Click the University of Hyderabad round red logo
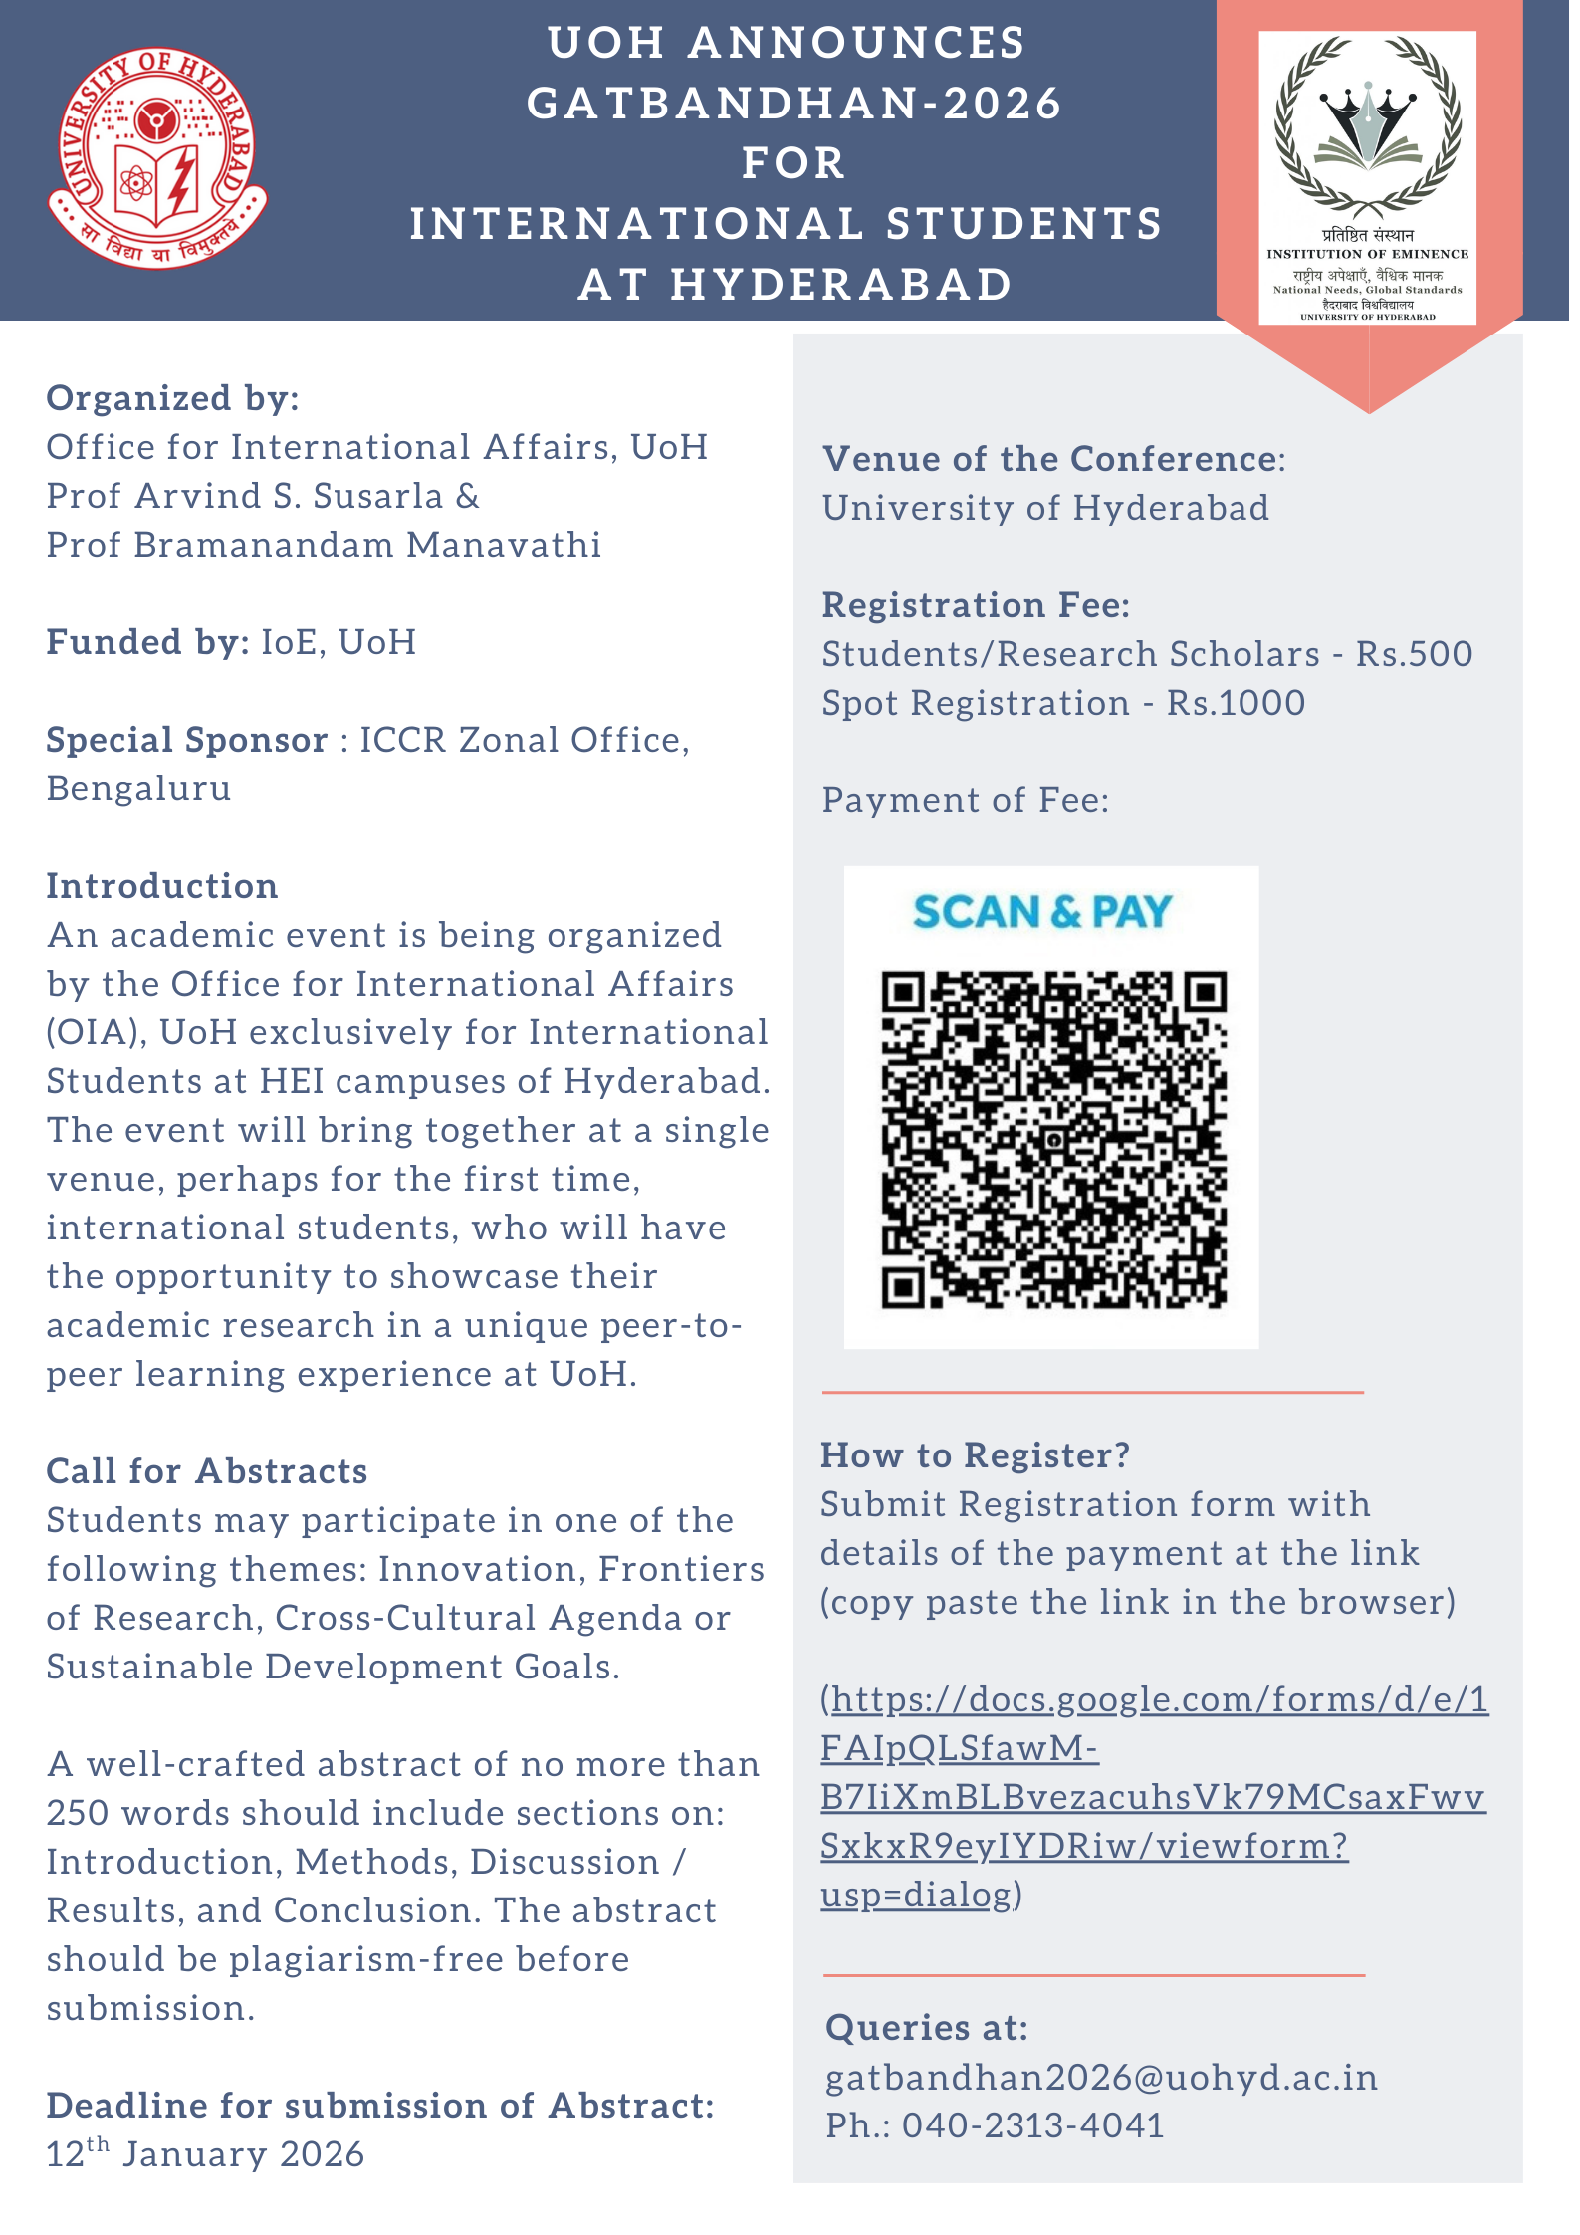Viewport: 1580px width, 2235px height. pos(157,158)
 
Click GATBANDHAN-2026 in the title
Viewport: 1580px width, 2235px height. pos(793,104)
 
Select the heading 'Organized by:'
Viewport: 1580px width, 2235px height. pos(173,398)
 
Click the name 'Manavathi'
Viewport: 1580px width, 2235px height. pos(504,545)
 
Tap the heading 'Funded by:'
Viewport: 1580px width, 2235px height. pos(147,642)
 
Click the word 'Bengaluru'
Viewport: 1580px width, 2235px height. pos(139,788)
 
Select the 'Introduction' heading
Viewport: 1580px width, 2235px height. pos(162,886)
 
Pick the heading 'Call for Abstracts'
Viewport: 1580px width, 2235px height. pos(207,1471)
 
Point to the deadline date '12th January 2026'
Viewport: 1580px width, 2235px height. pos(205,2153)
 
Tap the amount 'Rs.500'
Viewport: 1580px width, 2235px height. pos(1414,654)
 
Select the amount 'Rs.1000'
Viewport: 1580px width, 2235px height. pos(1236,703)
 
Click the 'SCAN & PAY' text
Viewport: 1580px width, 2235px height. pos(1042,912)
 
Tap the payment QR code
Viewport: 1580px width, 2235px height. pos(1053,1139)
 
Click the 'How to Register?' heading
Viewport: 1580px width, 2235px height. pos(975,1455)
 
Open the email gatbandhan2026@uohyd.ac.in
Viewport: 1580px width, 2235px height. pos(1101,2077)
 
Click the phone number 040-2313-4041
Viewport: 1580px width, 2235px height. pos(1032,2125)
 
